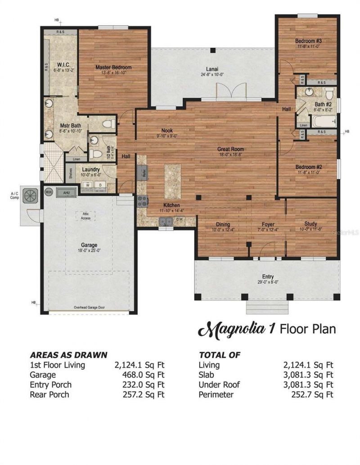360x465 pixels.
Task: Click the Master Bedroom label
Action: coord(113,67)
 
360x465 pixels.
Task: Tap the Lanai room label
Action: coord(212,69)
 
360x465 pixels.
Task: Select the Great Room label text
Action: coord(230,149)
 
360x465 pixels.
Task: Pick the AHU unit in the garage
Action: coord(66,192)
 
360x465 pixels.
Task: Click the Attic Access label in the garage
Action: coord(85,216)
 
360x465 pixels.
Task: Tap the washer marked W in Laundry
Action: coord(87,185)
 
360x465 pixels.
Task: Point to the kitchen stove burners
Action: coord(142,201)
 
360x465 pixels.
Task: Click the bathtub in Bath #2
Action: coord(324,121)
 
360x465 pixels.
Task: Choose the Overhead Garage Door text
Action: coord(89,308)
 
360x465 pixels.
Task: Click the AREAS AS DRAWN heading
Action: coord(68,354)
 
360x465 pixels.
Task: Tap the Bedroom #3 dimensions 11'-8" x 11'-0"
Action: coord(308,46)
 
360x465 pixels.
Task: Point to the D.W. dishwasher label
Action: coord(179,220)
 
